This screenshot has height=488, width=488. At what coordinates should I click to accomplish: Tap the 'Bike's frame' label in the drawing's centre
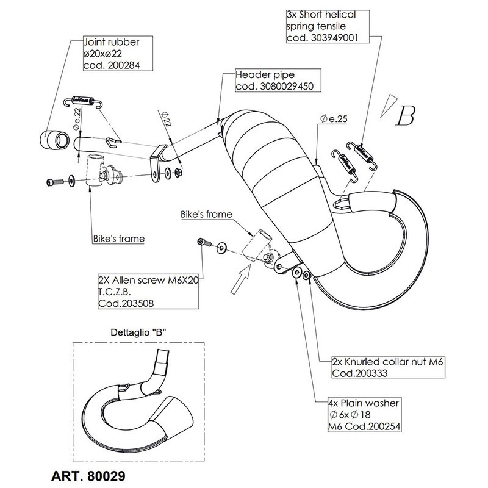tap(206, 216)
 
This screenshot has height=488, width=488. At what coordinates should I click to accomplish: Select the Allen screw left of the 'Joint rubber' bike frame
tap(54, 181)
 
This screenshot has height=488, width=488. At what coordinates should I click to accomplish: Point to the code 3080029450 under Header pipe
tap(274, 87)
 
